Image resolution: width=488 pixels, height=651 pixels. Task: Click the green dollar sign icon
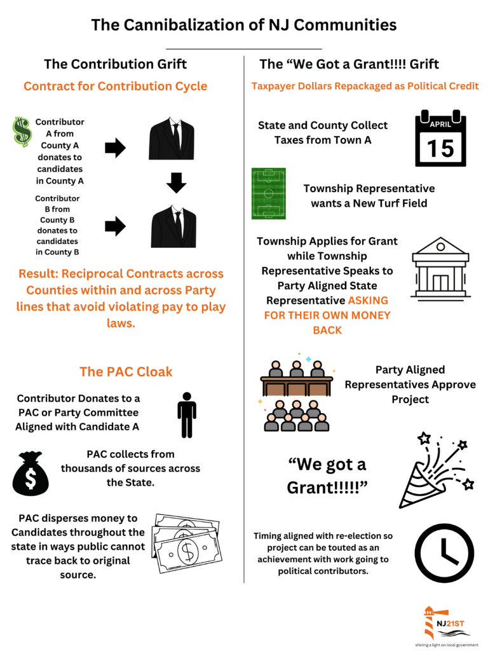[x=22, y=132]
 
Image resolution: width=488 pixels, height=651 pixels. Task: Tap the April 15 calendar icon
[x=440, y=139]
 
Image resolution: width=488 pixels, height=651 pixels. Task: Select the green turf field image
[x=268, y=194]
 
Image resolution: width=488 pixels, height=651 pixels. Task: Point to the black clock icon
[x=444, y=552]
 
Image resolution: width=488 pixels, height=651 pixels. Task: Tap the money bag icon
[x=30, y=474]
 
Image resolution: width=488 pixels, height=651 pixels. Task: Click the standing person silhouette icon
[x=187, y=415]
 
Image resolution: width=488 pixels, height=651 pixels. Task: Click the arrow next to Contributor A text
[x=115, y=149]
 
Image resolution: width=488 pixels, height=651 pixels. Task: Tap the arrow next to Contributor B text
[x=115, y=226]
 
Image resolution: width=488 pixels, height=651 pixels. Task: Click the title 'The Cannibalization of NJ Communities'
[x=244, y=25]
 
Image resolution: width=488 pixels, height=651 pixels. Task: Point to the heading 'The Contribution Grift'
[x=115, y=64]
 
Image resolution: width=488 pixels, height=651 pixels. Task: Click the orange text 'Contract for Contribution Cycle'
[x=115, y=86]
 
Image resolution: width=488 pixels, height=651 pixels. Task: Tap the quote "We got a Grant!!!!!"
[x=327, y=476]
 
